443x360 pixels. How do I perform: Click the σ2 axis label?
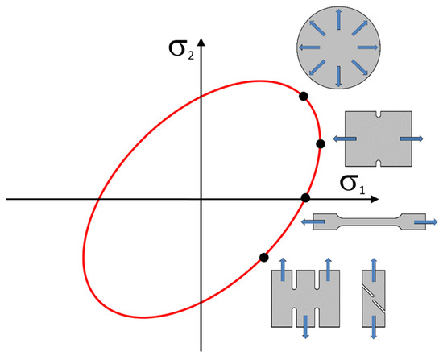[x=181, y=48]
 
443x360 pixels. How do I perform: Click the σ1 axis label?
[x=352, y=184]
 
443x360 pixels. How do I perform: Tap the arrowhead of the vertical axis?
[x=201, y=43]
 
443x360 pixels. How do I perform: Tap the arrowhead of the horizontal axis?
[x=375, y=199]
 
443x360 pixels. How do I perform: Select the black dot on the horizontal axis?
[x=306, y=198]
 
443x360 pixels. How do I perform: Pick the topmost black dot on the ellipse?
[x=304, y=97]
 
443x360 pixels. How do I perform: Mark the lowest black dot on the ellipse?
[x=263, y=258]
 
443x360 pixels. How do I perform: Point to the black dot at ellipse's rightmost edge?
[x=321, y=144]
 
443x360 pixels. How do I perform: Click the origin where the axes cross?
[x=201, y=199]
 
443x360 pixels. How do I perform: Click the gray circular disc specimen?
[x=338, y=48]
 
